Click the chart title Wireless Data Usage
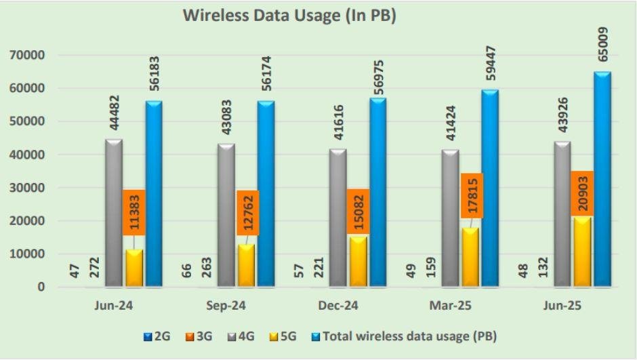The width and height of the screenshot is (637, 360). tap(289, 16)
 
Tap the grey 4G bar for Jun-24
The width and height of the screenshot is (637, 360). tap(114, 214)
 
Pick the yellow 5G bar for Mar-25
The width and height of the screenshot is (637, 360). tap(470, 258)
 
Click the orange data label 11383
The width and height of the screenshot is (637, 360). tap(134, 212)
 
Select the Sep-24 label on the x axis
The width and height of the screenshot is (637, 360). tap(226, 306)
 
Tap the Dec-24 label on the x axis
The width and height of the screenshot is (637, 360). tap(338, 306)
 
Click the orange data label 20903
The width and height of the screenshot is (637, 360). tap(582, 193)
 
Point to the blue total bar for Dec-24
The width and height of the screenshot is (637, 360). tap(377, 193)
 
